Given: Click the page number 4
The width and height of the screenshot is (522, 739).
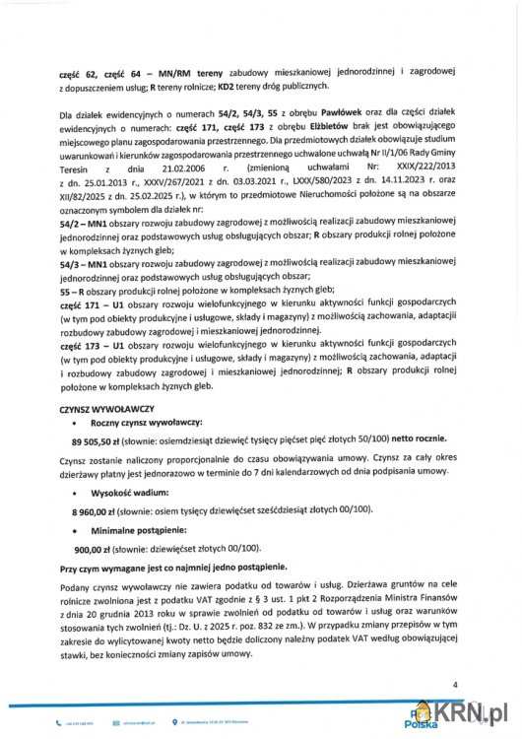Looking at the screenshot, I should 455,683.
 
